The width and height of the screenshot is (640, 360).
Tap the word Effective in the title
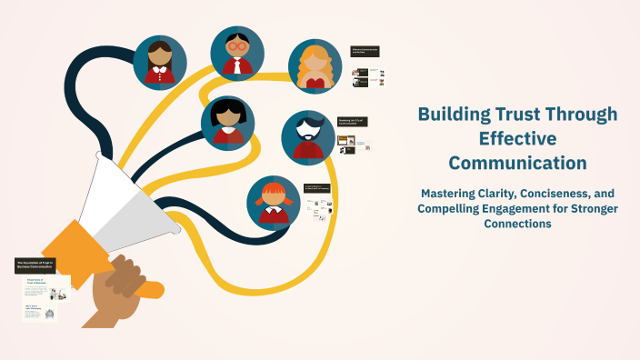point(517,139)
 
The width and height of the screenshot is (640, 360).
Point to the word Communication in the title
point(517,164)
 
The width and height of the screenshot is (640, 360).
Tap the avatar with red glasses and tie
point(237,53)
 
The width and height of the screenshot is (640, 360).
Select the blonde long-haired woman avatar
point(315,67)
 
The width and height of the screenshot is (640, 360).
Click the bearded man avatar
point(308,137)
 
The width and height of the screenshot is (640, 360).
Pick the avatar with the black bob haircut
point(228,123)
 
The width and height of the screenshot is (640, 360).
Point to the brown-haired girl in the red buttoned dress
point(160,62)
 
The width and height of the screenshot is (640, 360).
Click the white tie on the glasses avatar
point(238,65)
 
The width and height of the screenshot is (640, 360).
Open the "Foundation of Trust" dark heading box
point(36,265)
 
